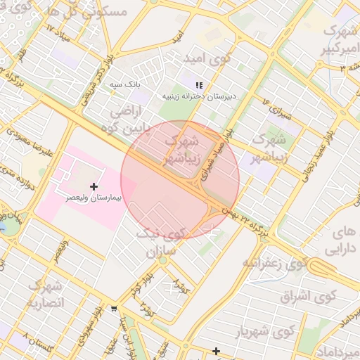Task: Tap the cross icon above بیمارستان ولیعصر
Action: click(94, 186)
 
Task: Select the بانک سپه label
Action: click(125, 84)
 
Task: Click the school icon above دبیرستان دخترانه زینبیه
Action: click(199, 84)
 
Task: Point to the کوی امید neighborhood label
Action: click(205, 58)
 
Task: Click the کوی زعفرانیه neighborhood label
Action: click(274, 262)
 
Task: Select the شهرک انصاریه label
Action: click(45, 295)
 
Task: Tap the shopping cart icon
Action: click(114, 308)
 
